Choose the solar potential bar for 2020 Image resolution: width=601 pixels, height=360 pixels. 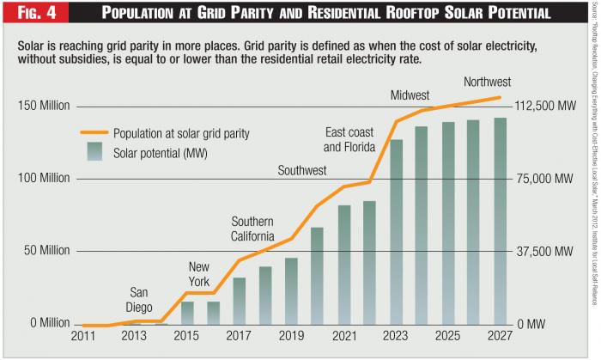tap(318, 276)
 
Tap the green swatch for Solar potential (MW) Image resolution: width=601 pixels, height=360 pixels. tap(94, 153)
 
